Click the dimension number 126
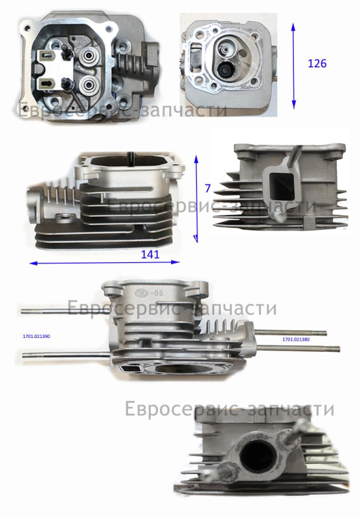click(x=317, y=63)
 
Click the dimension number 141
click(x=150, y=254)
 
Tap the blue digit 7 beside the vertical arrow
click(x=208, y=188)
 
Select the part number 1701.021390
click(x=36, y=336)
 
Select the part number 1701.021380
click(x=296, y=339)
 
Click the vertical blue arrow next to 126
click(x=293, y=66)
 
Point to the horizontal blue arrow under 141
click(x=104, y=263)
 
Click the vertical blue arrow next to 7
click(x=196, y=199)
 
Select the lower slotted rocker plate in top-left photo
click(x=51, y=83)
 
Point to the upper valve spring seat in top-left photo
click(x=89, y=56)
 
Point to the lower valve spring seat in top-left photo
click(x=89, y=85)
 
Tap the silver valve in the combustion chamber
click(x=226, y=48)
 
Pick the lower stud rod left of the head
click(x=66, y=355)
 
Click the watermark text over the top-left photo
click(x=122, y=110)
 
